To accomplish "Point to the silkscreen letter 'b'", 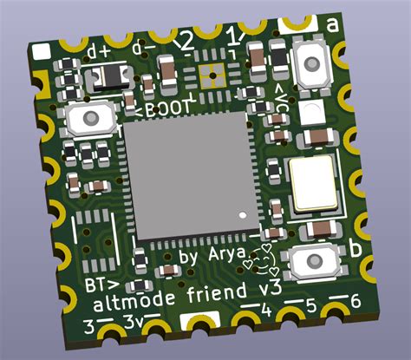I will [x=355, y=249].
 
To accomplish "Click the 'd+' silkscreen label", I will [x=99, y=52].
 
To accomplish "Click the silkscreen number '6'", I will [x=352, y=303].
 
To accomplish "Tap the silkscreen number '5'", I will [x=310, y=306].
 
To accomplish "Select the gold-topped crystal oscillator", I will [x=309, y=184].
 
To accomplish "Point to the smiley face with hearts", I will [x=259, y=256].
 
